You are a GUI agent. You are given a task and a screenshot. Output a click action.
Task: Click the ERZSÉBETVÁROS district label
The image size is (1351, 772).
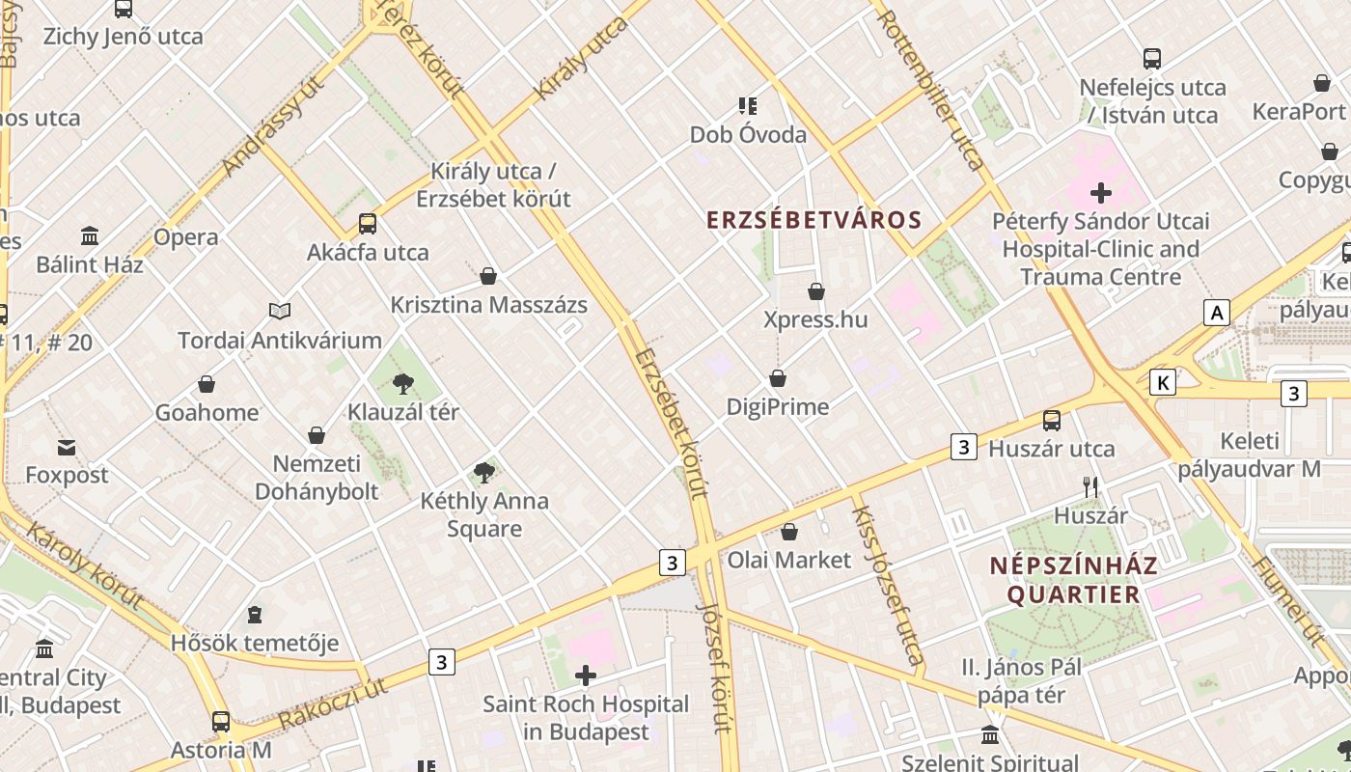click(814, 220)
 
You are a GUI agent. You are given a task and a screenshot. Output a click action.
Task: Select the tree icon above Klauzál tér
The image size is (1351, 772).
click(403, 385)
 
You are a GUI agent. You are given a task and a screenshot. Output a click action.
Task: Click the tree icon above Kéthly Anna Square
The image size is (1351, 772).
click(484, 473)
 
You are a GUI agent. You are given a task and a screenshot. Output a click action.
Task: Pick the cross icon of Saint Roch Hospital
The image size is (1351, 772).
click(585, 675)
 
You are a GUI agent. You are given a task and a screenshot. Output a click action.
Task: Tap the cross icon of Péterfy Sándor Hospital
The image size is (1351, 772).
click(1100, 193)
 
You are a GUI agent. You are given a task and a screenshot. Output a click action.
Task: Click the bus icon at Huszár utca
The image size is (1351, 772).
click(1052, 421)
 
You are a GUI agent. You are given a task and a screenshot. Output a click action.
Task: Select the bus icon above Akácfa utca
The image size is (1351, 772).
click(368, 224)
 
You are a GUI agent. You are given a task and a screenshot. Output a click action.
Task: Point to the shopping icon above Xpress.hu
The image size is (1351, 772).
click(816, 291)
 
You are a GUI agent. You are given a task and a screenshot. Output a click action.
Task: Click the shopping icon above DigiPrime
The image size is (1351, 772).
click(778, 378)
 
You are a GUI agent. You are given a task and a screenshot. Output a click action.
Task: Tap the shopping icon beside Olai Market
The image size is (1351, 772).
click(789, 532)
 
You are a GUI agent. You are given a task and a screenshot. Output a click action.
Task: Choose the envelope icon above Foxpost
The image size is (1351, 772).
click(67, 448)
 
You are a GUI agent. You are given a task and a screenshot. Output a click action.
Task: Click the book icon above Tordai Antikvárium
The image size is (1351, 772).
click(280, 311)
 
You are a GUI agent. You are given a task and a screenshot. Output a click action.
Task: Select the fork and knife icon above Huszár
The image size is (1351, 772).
click(1090, 487)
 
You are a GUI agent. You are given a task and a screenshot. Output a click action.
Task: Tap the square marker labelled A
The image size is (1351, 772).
click(1218, 313)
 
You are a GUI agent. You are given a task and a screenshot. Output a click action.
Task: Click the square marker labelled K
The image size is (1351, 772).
click(1164, 383)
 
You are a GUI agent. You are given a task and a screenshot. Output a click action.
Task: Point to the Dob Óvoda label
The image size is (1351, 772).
click(748, 134)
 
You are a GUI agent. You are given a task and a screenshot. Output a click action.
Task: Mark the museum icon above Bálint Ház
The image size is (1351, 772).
click(90, 235)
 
